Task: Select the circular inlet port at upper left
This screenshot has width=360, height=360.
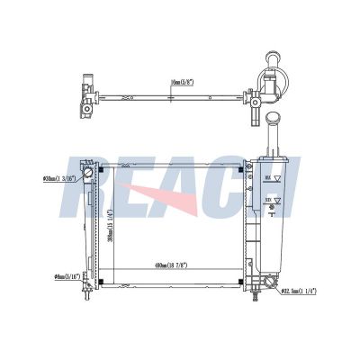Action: pos(87,172)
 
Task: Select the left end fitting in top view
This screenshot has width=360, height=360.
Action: pos(85,99)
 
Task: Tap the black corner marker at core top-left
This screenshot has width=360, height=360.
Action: pos(101,168)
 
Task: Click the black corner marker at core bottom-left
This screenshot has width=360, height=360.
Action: pos(101,284)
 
